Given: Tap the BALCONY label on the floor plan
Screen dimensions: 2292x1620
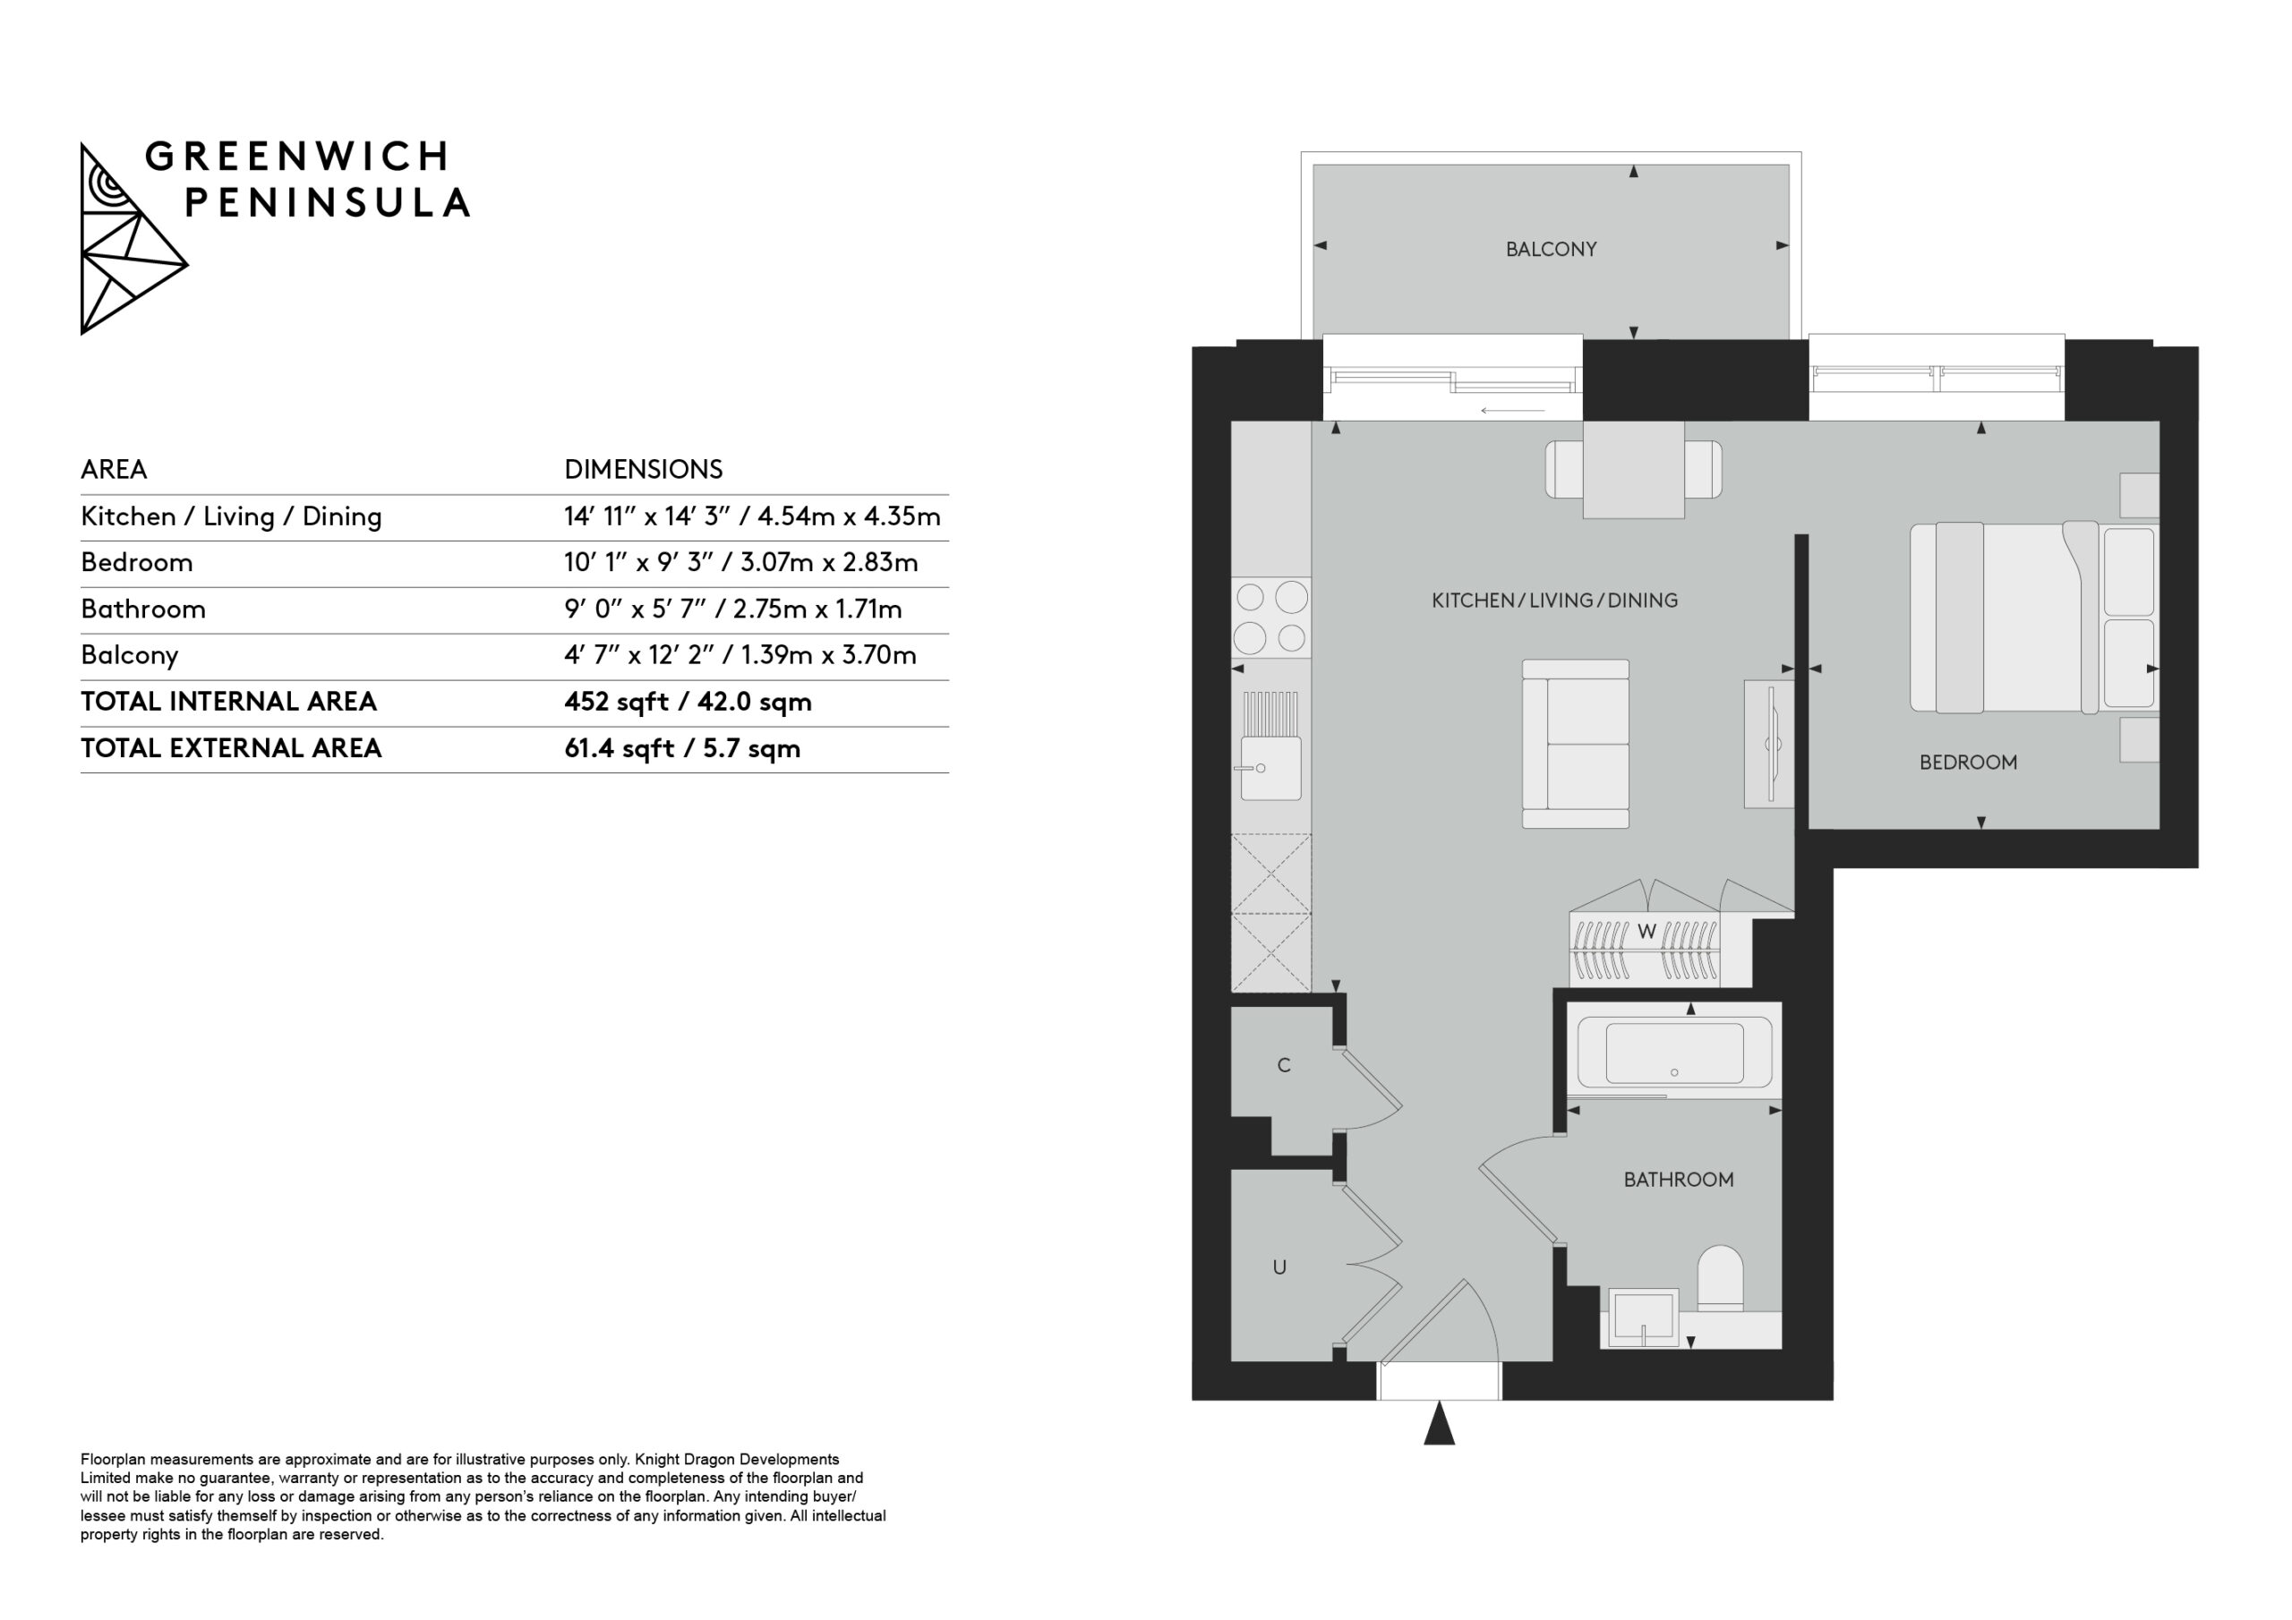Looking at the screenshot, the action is (x=1551, y=250).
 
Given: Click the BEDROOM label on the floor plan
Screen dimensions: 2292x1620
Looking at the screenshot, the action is (x=1968, y=763).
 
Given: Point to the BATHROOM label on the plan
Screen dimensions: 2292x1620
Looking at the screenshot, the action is (x=1678, y=1180).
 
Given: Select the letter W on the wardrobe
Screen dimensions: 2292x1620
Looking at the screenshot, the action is (x=1646, y=933).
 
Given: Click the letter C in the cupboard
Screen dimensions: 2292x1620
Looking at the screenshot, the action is (x=1284, y=1066).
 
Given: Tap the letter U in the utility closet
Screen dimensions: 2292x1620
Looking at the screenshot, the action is (x=1279, y=1267).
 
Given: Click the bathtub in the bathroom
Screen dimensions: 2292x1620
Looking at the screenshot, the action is (x=1674, y=1053).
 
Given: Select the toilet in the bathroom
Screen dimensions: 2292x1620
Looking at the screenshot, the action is (x=1720, y=1277).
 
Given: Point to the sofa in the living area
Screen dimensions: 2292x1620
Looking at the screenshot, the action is (x=1575, y=744).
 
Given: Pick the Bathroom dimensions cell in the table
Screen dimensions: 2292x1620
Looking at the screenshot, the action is (x=732, y=609).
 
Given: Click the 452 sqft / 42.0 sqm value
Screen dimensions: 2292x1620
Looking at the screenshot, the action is (x=688, y=702).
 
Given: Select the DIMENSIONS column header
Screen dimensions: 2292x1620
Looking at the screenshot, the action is (x=643, y=469).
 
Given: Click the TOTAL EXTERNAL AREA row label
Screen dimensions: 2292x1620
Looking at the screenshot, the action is (x=231, y=747).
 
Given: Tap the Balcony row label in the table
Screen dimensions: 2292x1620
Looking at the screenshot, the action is (x=130, y=656).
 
